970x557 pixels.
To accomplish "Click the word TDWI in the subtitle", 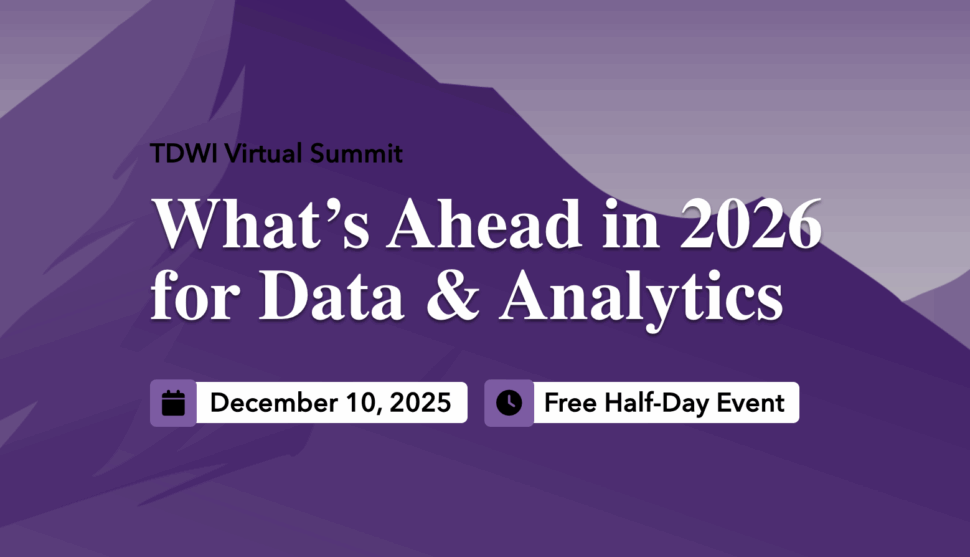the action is [184, 153].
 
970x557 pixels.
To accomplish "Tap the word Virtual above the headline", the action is [263, 153].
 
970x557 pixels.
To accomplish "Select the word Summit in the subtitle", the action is [356, 153].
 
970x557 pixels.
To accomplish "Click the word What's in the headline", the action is [261, 223].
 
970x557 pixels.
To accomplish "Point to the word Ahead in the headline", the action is [484, 223].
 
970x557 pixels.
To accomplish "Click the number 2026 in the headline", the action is [751, 223].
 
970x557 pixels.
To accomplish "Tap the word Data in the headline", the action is [332, 295].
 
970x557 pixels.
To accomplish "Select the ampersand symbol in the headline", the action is [453, 295].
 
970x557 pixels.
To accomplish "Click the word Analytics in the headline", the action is [642, 299].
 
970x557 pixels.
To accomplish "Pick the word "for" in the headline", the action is [195, 295].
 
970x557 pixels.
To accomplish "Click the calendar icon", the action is [173, 403].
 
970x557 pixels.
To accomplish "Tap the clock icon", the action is [509, 403].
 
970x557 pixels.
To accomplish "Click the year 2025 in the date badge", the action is [421, 403].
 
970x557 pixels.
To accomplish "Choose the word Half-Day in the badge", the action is [656, 404].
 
